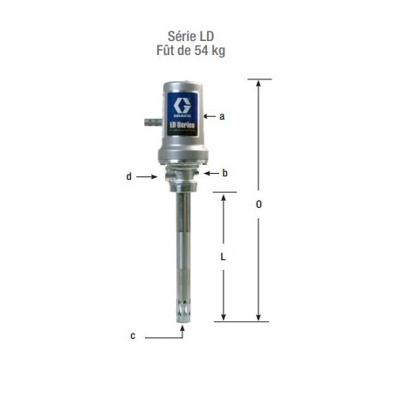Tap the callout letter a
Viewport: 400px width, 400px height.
point(223,115)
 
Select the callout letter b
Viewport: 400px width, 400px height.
point(224,174)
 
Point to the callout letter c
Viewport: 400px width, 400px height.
point(133,335)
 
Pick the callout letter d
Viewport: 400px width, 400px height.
point(129,176)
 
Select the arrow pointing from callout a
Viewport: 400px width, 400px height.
point(210,115)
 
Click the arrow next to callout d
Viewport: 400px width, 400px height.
point(146,176)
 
